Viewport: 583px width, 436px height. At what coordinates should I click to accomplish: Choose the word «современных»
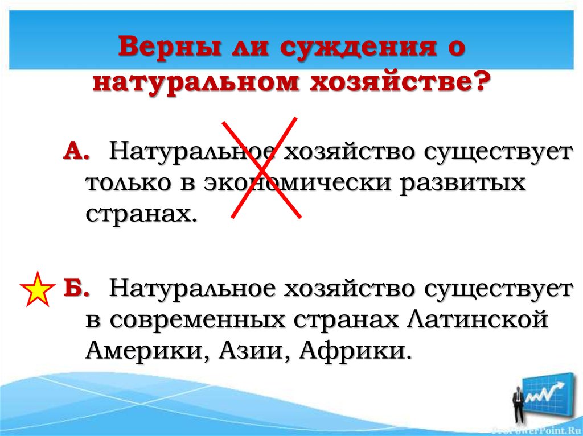197,319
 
